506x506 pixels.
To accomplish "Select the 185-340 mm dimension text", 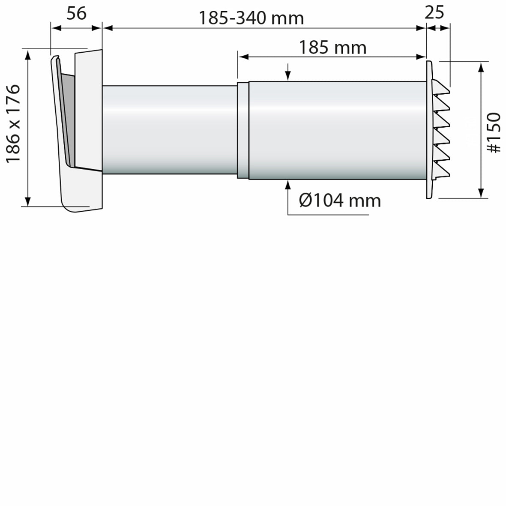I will coord(251,18).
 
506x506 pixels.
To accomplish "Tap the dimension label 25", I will coord(434,13).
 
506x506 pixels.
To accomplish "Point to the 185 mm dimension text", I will coord(332,48).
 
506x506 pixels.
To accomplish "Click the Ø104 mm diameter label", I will coord(340,200).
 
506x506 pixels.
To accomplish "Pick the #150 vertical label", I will coord(494,132).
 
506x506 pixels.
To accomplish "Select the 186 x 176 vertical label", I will coord(13,123).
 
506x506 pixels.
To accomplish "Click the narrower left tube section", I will coord(170,130).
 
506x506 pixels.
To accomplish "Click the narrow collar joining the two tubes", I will coord(243,130).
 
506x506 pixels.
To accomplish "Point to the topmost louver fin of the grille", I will coord(440,87).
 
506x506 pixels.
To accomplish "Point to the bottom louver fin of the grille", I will coord(440,171).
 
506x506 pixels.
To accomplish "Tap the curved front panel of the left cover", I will coord(60,129).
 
